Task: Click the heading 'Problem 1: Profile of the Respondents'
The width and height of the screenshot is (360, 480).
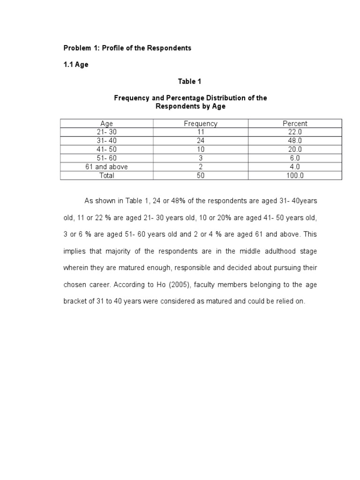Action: pyautogui.click(x=127, y=48)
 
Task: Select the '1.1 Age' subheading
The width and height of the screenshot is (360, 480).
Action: pyautogui.click(x=76, y=65)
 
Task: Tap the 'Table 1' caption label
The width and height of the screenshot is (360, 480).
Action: pyautogui.click(x=189, y=82)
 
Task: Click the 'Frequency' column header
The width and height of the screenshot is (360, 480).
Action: pyautogui.click(x=201, y=124)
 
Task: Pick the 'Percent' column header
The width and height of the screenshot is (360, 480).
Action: pyautogui.click(x=295, y=124)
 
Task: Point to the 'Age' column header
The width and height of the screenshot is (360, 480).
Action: pyautogui.click(x=107, y=124)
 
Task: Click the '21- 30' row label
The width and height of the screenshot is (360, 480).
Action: pyautogui.click(x=107, y=132)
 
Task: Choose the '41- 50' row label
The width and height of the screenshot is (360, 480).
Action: pyautogui.click(x=107, y=150)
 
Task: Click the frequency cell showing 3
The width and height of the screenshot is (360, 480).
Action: pyautogui.click(x=201, y=158)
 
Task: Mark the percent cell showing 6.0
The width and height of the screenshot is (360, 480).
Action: pyautogui.click(x=295, y=158)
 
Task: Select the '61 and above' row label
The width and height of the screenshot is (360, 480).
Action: pyautogui.click(x=107, y=167)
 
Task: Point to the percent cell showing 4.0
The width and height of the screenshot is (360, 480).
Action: pyautogui.click(x=295, y=167)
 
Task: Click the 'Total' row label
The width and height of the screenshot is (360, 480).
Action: pyautogui.click(x=107, y=175)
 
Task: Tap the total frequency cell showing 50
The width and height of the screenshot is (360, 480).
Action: pyautogui.click(x=201, y=175)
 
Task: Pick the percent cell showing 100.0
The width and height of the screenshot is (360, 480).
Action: pyautogui.click(x=295, y=175)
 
